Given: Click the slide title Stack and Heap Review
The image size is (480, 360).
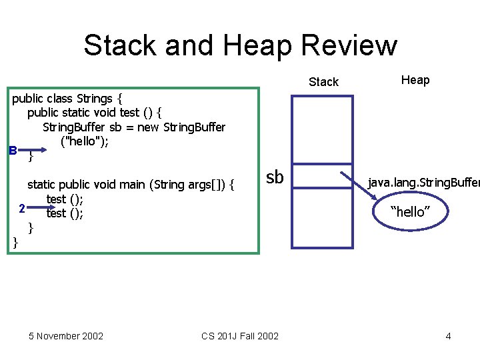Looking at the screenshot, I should click(x=240, y=45).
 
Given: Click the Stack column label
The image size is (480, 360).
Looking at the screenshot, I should click(x=323, y=82).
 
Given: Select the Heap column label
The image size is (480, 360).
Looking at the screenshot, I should click(x=415, y=80).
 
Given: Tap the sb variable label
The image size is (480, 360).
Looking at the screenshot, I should click(x=275, y=177).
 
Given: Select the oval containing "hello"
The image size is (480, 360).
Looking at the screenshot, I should click(x=410, y=211).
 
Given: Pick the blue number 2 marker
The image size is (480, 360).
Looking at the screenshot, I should click(x=22, y=209).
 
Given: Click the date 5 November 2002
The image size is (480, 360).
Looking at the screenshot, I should click(x=66, y=335).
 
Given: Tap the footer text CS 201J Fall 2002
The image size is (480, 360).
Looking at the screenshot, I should click(x=240, y=335).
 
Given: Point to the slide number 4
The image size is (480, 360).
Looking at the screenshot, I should click(x=448, y=335).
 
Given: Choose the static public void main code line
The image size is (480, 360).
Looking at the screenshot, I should click(x=130, y=185).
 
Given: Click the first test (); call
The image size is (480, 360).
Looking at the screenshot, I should click(x=65, y=199).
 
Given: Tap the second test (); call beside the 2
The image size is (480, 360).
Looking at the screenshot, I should click(x=65, y=213).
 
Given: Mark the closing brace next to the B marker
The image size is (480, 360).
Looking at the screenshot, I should click(x=31, y=157).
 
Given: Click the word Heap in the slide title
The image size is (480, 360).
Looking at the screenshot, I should click(x=257, y=45).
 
